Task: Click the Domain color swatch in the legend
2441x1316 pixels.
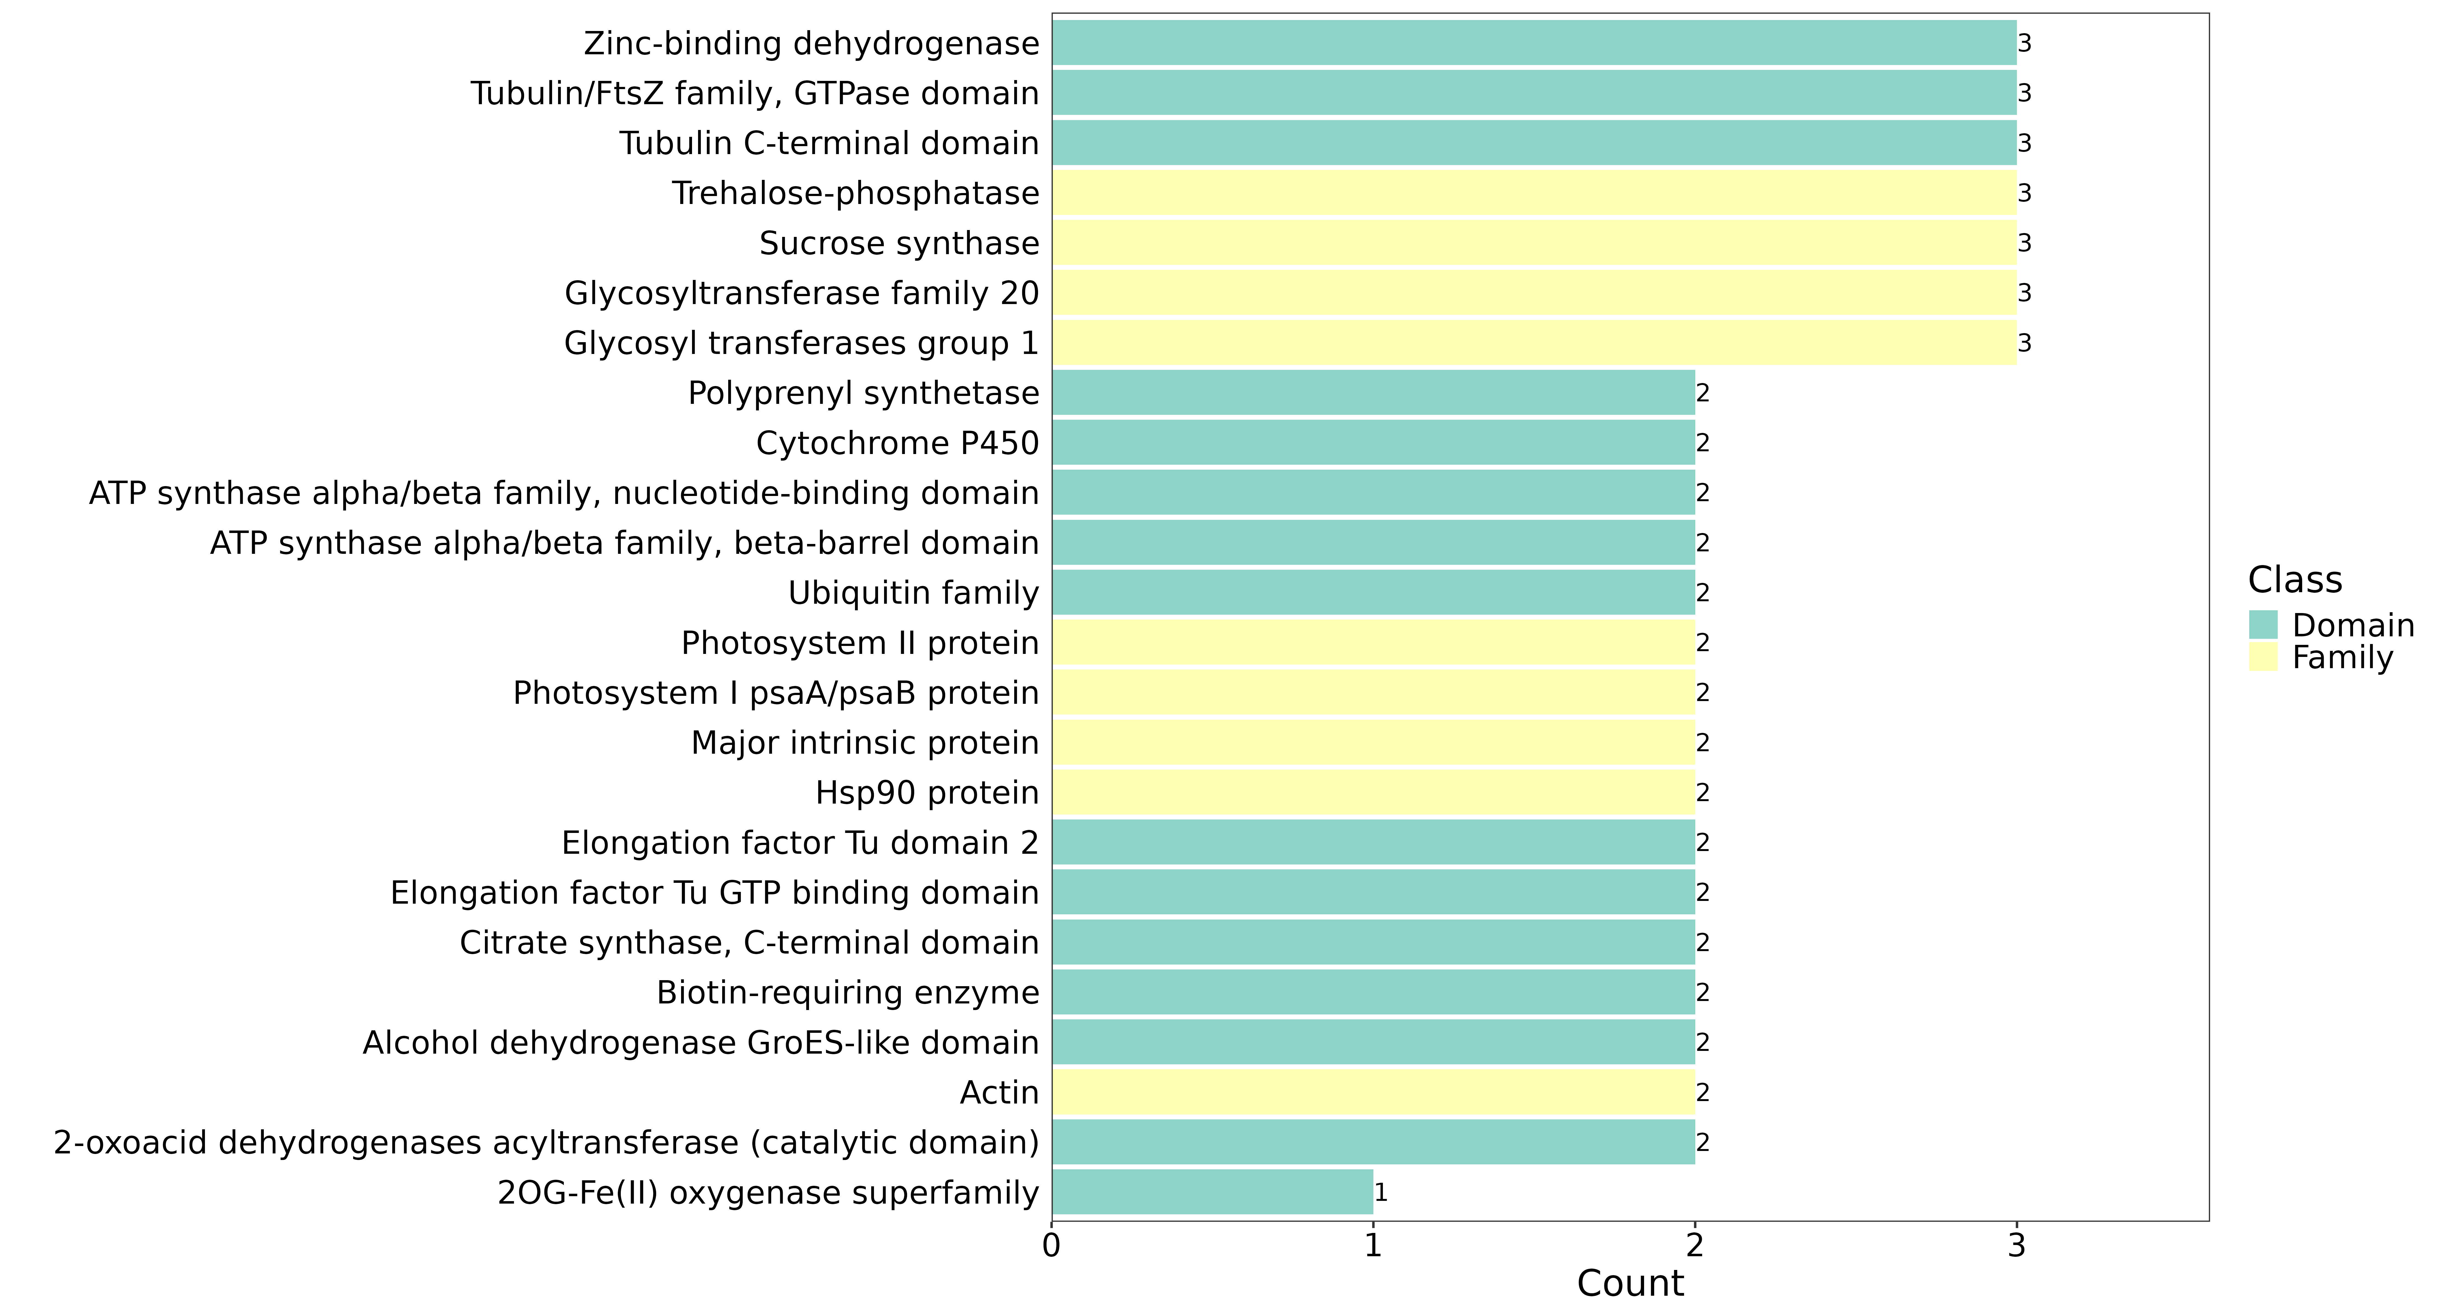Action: coord(2263,625)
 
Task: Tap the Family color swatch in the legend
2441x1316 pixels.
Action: coord(2263,657)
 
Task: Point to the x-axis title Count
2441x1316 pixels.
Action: coord(1630,1284)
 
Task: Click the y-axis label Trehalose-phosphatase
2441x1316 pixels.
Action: coord(856,193)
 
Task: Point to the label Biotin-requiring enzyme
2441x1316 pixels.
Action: coord(848,993)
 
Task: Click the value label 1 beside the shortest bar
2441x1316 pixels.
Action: coord(1381,1193)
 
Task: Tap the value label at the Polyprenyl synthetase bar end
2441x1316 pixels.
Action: coord(1703,393)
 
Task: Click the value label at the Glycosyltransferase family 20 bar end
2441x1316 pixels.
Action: coord(2024,293)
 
